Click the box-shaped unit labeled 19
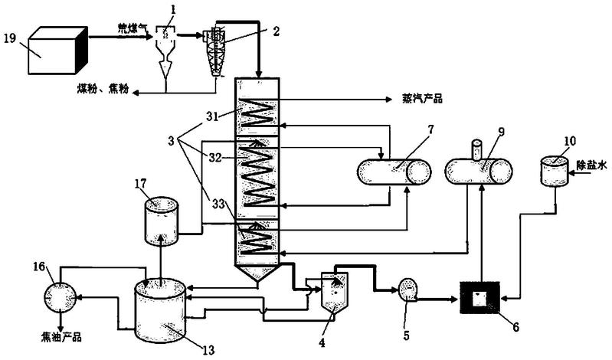pyautogui.click(x=57, y=50)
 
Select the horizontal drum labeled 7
pyautogui.click(x=394, y=172)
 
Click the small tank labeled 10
pyautogui.click(x=553, y=171)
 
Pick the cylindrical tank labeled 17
pyautogui.click(x=161, y=221)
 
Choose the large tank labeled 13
pyautogui.click(x=159, y=311)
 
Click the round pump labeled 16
pyautogui.click(x=59, y=296)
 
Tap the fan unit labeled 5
pyautogui.click(x=407, y=291)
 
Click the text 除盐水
pyautogui.click(x=592, y=165)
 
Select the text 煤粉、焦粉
pyautogui.click(x=103, y=90)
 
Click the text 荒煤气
pyautogui.click(x=133, y=28)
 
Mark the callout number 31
pyautogui.click(x=212, y=116)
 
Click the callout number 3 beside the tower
pyautogui.click(x=172, y=141)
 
